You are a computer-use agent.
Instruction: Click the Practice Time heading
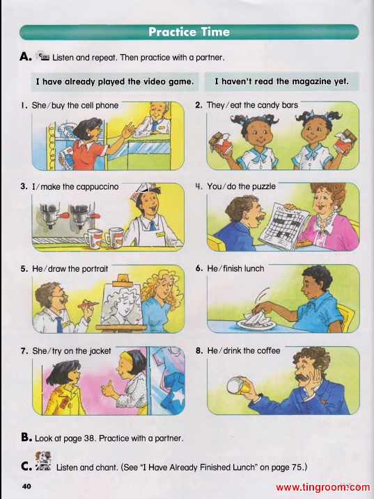(189, 32)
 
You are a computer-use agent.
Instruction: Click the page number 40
(26, 486)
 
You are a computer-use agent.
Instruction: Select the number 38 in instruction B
(90, 439)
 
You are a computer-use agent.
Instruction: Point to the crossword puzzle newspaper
(283, 226)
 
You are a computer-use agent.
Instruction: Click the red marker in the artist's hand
(88, 304)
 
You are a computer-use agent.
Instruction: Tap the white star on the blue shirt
(178, 398)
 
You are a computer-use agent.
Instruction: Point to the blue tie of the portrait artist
(59, 325)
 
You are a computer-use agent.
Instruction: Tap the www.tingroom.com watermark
(323, 487)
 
